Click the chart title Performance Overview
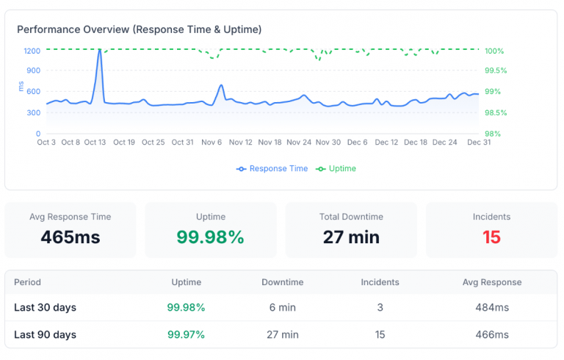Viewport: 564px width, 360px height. click(139, 29)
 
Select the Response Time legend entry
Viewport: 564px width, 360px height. click(272, 169)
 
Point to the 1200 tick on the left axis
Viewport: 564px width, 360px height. click(32, 51)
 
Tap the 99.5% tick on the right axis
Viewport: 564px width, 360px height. click(496, 71)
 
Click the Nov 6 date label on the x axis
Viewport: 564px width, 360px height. click(212, 143)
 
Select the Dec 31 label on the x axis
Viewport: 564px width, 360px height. click(480, 143)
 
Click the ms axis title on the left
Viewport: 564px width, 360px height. click(21, 87)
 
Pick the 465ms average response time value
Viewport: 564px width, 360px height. click(70, 237)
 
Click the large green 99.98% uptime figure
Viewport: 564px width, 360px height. click(210, 237)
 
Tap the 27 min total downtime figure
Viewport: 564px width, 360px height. click(351, 237)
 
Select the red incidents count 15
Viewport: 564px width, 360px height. click(491, 237)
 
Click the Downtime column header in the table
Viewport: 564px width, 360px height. click(282, 282)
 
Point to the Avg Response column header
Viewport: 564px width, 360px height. click(491, 282)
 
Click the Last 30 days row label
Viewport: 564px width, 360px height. click(46, 308)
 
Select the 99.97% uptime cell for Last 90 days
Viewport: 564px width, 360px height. click(186, 335)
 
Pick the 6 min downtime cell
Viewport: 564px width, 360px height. click(282, 308)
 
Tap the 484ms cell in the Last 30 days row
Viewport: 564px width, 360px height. click(491, 308)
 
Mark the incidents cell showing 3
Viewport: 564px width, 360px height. click(380, 308)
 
